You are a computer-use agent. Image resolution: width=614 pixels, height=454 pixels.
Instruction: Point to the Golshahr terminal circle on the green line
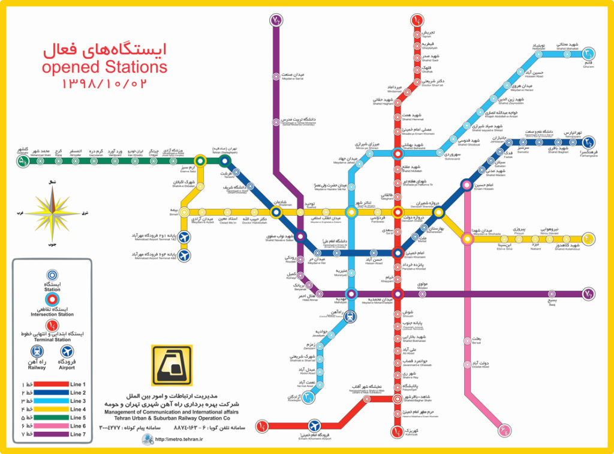(23, 160)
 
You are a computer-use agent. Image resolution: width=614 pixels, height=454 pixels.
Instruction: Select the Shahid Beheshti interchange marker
(397, 154)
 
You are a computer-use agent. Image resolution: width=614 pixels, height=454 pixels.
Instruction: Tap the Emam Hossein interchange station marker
(466, 186)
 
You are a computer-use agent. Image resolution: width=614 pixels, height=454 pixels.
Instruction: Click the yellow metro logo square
(171, 365)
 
